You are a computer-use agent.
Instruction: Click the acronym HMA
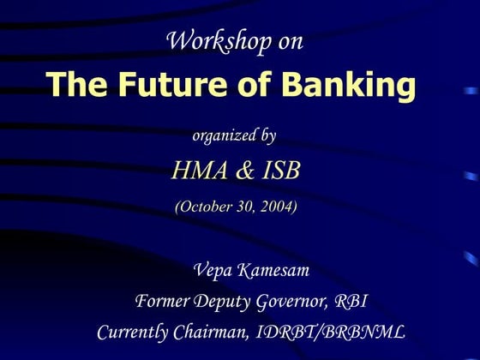click(x=200, y=171)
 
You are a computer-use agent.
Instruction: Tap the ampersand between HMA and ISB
click(x=245, y=171)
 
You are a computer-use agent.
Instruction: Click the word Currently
click(x=134, y=332)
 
